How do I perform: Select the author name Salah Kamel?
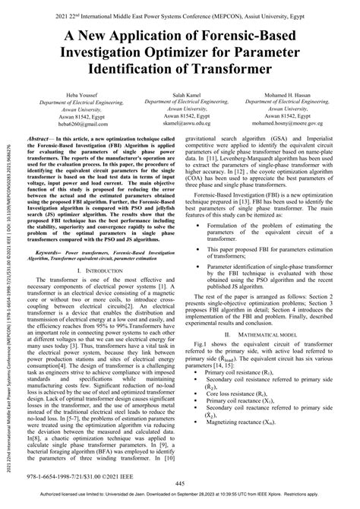pyautogui.click(x=180, y=90)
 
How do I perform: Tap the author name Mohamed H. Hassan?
pyautogui.click(x=285, y=90)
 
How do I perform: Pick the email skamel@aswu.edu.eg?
pyautogui.click(x=180, y=121)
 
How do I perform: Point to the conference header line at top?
pyautogui.click(x=180, y=8)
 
